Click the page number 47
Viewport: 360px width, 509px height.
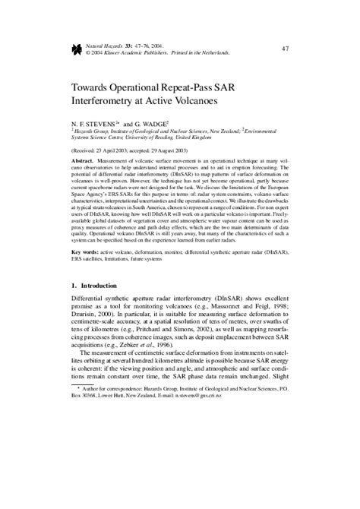[x=286, y=49]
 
